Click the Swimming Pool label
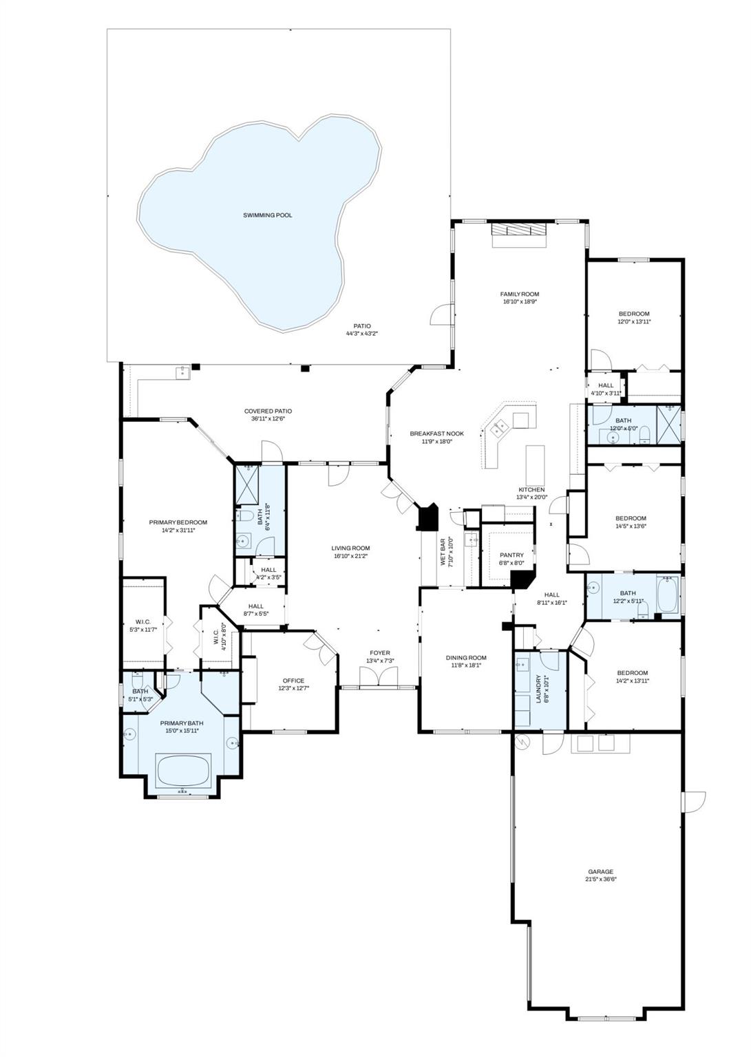click(267, 215)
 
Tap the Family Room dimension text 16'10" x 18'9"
click(519, 301)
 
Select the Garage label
click(600, 871)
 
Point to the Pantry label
click(511, 555)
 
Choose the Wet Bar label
click(444, 551)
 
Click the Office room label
click(293, 681)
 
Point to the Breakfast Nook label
click(436, 434)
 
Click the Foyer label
click(379, 652)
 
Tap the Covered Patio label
click(264, 411)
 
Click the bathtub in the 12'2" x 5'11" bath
click(667, 594)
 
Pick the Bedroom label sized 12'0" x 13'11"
click(633, 314)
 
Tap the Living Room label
click(350, 548)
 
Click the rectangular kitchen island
click(535, 465)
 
